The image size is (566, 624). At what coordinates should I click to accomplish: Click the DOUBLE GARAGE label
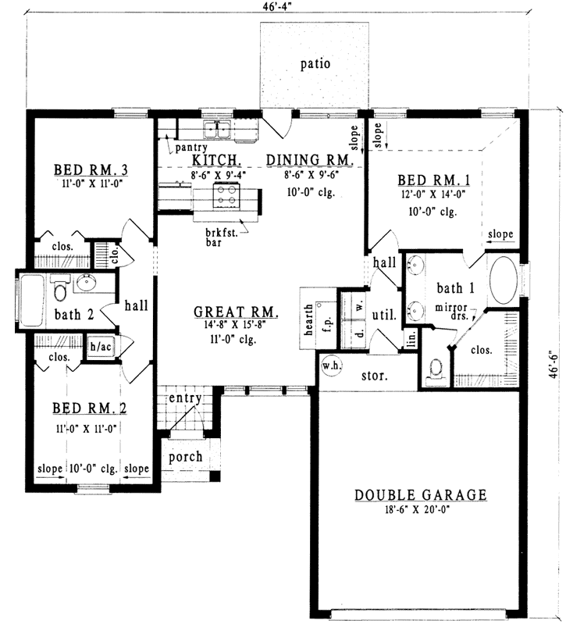point(421,494)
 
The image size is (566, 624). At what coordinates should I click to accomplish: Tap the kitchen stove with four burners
point(226,198)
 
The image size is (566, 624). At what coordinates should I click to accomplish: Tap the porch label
point(185,457)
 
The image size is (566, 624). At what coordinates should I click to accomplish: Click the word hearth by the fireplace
point(309,320)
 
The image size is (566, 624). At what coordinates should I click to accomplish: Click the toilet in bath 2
point(59,292)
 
